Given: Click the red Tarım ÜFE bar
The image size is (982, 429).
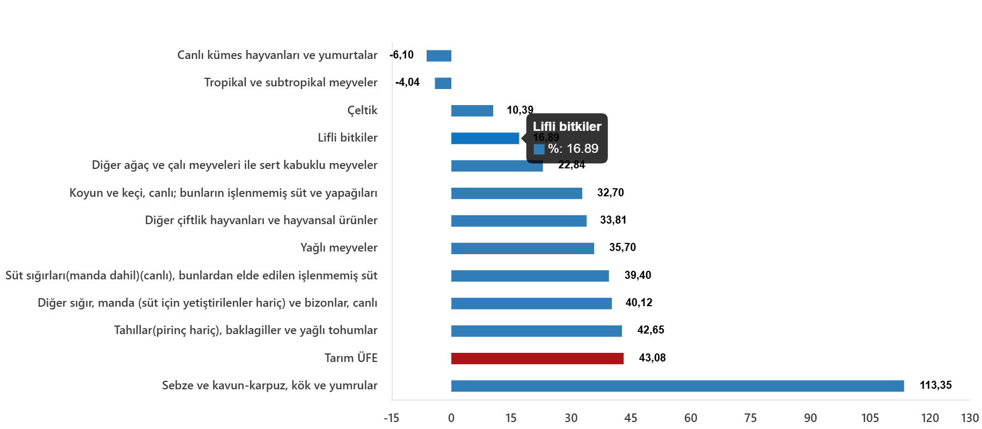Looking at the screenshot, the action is [537, 358].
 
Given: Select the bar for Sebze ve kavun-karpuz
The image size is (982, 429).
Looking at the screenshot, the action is [678, 386].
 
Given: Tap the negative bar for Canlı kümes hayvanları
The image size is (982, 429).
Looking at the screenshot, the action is [439, 56].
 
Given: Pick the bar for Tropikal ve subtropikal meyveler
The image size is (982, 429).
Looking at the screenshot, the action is [443, 83].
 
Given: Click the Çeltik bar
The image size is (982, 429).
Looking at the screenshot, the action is [472, 110].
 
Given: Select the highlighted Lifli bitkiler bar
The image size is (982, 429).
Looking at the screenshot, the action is [485, 138].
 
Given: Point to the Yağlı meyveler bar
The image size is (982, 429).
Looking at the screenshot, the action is [523, 248].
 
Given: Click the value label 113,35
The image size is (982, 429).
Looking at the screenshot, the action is [936, 385].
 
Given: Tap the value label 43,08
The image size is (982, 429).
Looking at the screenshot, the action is [653, 358].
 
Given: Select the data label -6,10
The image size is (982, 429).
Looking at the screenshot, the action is [402, 55].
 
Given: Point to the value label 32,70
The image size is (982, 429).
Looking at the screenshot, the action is [611, 193].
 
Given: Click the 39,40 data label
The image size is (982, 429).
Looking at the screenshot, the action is [638, 275].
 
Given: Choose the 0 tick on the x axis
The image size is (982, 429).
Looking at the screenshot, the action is [451, 418].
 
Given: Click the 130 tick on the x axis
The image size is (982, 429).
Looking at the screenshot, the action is [970, 418].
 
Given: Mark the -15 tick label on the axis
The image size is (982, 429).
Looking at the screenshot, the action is [392, 418].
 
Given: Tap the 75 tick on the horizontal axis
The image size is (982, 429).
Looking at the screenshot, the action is [750, 418].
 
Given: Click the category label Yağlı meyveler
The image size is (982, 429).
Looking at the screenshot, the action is [339, 248].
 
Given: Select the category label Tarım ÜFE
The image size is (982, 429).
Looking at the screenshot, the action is [351, 358].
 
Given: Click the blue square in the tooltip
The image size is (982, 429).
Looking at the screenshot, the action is [539, 149].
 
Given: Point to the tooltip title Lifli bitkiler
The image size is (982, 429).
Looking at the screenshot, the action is [567, 127].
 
